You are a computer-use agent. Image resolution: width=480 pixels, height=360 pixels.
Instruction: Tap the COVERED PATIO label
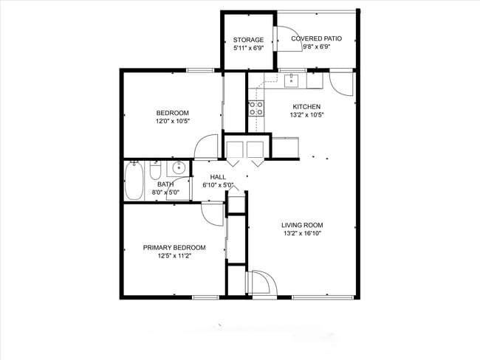tap(316, 38)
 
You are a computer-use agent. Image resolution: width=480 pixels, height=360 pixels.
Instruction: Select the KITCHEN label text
tap(306, 106)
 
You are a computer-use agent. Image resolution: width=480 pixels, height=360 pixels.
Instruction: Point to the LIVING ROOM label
tap(302, 225)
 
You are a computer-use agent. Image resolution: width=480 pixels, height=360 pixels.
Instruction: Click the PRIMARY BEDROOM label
tap(174, 248)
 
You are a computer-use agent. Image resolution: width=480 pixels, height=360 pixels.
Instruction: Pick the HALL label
tap(218, 177)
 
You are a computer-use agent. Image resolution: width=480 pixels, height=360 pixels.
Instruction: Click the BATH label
tap(165, 184)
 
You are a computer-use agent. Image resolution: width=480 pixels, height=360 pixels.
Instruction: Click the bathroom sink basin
tap(178, 167)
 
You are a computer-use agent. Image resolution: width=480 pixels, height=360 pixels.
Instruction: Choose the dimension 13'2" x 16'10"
tap(302, 233)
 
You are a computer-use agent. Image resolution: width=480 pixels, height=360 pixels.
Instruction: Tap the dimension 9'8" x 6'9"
tap(316, 46)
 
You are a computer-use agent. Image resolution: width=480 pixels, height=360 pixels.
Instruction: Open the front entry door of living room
tap(263, 283)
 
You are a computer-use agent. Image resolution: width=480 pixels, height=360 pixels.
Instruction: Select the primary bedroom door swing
tap(212, 215)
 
